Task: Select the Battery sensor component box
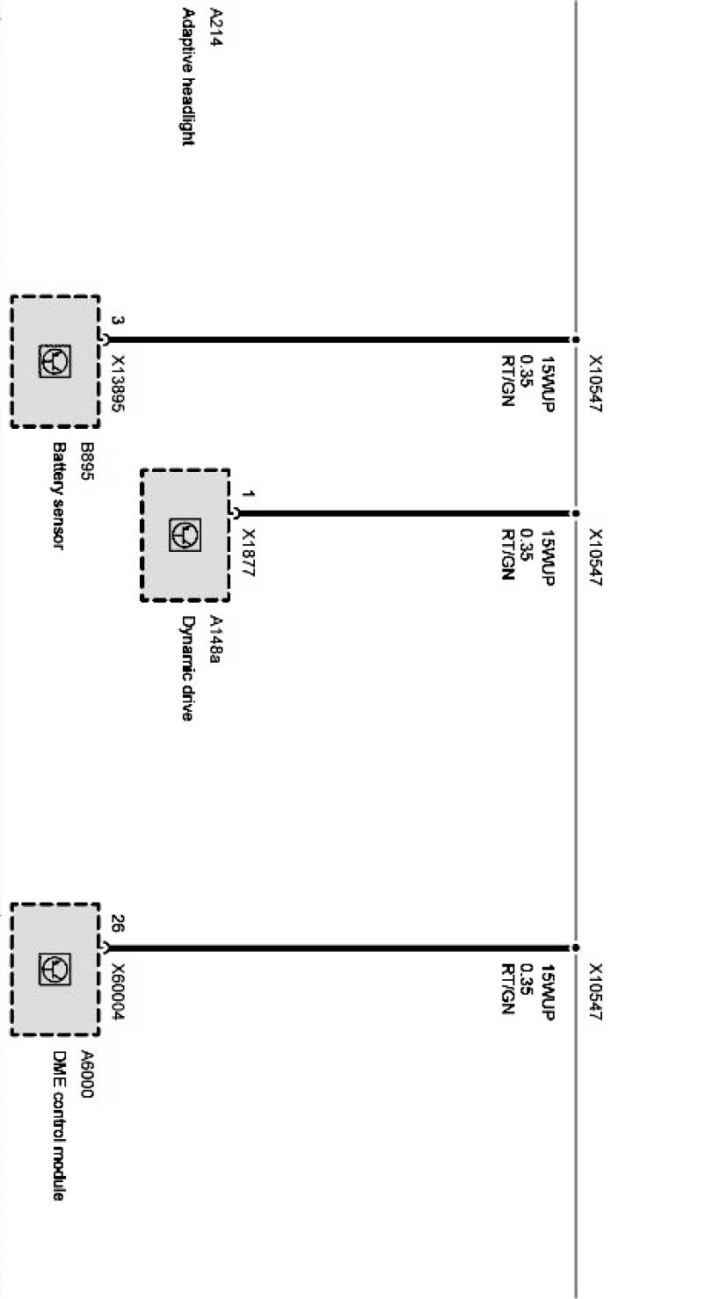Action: pyautogui.click(x=55, y=361)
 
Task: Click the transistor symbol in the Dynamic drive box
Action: pyautogui.click(x=185, y=534)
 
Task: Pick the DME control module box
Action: pyautogui.click(x=55, y=969)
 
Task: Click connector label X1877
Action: pyautogui.click(x=249, y=552)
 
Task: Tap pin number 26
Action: pyautogui.click(x=117, y=924)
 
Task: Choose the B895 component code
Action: pyautogui.click(x=86, y=458)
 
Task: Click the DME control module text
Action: pyautogui.click(x=58, y=1125)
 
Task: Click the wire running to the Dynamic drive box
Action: pyautogui.click(x=404, y=513)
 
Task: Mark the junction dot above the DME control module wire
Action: pyautogui.click(x=576, y=948)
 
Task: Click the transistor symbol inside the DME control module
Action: pyautogui.click(x=55, y=969)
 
